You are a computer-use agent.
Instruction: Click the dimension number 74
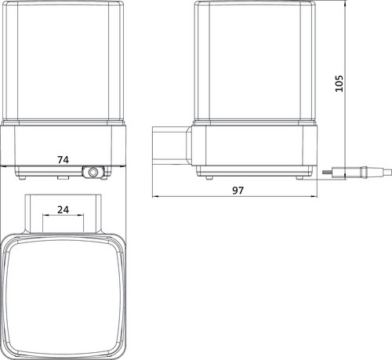[63, 159]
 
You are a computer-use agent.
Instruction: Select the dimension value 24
[63, 209]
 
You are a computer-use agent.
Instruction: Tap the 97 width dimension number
[238, 191]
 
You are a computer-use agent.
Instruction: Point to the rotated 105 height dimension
[339, 83]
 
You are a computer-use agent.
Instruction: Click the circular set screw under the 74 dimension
[93, 173]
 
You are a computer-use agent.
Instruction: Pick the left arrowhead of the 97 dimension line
[155, 197]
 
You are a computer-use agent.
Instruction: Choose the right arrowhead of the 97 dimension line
[314, 197]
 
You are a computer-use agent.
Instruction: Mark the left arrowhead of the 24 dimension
[46, 215]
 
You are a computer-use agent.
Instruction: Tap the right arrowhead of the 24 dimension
[80, 215]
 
